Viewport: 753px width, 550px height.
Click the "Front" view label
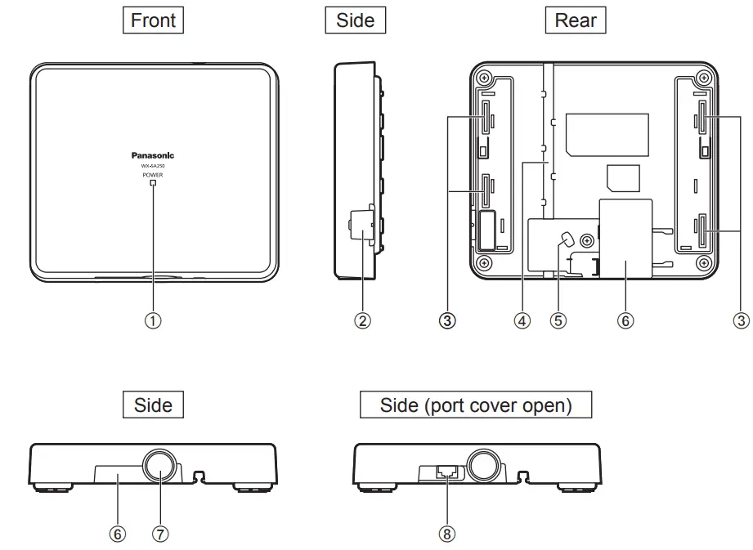[153, 20]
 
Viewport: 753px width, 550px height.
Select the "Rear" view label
[576, 20]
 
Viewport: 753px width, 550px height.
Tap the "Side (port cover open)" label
[476, 405]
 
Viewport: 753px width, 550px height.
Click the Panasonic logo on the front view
[153, 154]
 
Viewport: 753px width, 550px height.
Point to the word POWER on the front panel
[153, 175]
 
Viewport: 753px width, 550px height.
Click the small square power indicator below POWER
[153, 184]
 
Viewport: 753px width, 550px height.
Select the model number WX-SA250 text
[153, 166]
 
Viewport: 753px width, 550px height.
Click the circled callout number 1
[153, 320]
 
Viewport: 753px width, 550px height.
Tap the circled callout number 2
[362, 320]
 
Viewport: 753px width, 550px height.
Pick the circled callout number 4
[522, 320]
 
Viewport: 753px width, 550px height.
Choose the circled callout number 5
[558, 320]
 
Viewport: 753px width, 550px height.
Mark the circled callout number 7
[160, 534]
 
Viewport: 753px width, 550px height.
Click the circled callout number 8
[446, 534]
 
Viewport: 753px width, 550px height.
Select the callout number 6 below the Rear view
[625, 320]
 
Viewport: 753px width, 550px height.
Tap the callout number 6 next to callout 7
[118, 534]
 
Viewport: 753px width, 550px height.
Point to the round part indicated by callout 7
[160, 466]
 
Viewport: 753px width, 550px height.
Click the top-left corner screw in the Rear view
[485, 78]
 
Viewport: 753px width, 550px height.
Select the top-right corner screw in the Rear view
[701, 78]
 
